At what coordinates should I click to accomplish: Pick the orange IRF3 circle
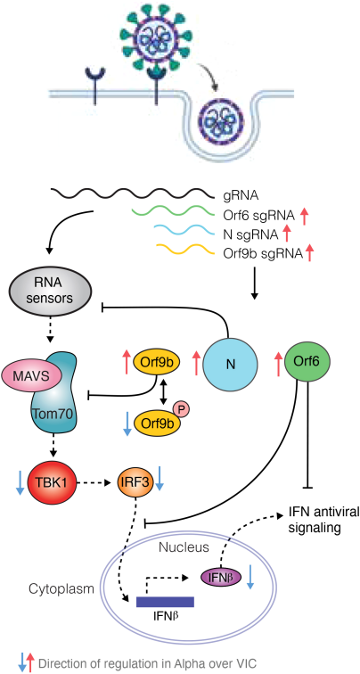tap(135, 482)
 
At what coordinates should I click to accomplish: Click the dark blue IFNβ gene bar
tap(165, 602)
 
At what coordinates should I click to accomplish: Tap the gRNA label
tap(240, 197)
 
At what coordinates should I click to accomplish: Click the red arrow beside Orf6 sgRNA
tap(305, 217)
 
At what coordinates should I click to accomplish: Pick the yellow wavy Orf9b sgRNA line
tap(184, 250)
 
